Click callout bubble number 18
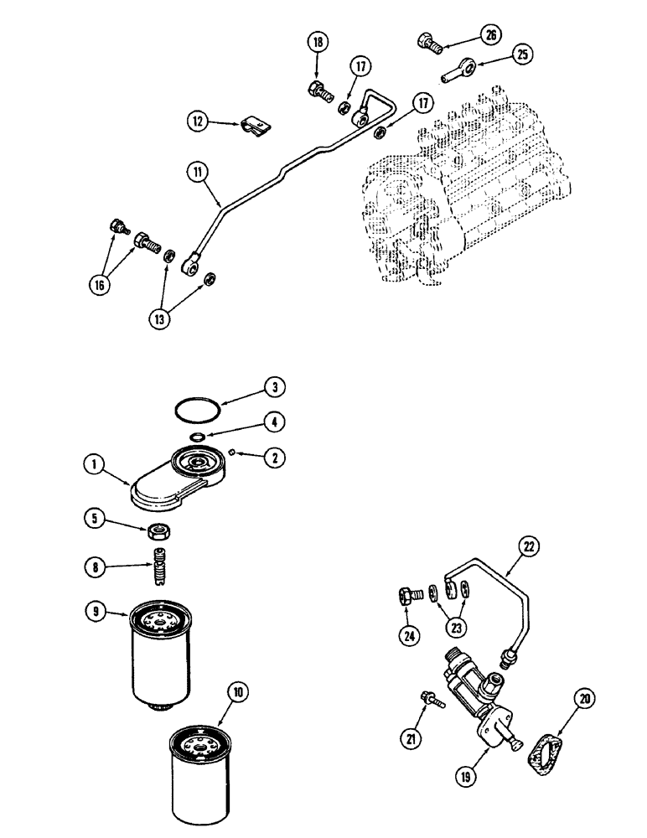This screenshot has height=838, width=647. coord(318,44)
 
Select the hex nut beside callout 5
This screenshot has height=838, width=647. coord(160,530)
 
